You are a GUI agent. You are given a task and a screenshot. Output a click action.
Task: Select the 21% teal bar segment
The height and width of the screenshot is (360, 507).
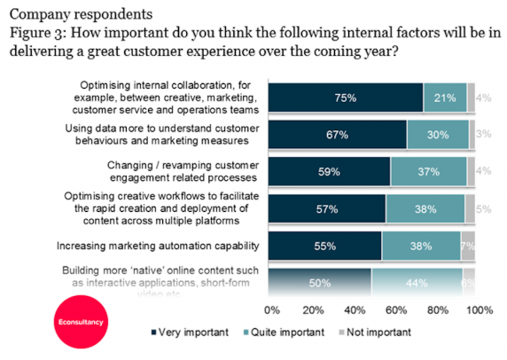(445, 97)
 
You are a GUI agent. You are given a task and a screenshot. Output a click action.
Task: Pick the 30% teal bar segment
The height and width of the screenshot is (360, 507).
(438, 134)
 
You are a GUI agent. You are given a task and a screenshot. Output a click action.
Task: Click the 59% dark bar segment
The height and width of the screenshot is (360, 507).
(329, 171)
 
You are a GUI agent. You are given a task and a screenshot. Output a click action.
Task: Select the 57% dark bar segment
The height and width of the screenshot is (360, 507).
(326, 208)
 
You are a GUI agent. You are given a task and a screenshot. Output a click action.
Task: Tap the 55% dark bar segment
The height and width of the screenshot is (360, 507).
(324, 246)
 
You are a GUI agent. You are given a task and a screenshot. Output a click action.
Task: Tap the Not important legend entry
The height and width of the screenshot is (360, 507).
(376, 333)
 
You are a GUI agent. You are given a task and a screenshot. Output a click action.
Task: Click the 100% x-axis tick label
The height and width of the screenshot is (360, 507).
(480, 311)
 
